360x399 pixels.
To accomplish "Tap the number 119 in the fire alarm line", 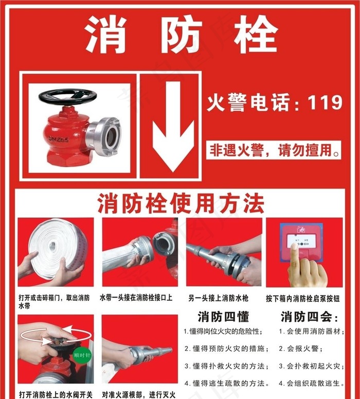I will tap(325, 102).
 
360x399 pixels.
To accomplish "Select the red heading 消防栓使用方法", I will tap(179, 204).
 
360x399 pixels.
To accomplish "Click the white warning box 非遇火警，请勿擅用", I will tap(274, 151).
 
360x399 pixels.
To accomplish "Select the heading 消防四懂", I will tap(223, 316).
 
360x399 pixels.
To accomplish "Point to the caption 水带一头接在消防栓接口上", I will tap(136, 298).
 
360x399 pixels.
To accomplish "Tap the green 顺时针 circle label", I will tap(82, 355).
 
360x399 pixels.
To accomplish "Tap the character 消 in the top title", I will tap(106, 35).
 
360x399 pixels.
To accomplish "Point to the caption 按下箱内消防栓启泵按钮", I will tap(304, 298).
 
